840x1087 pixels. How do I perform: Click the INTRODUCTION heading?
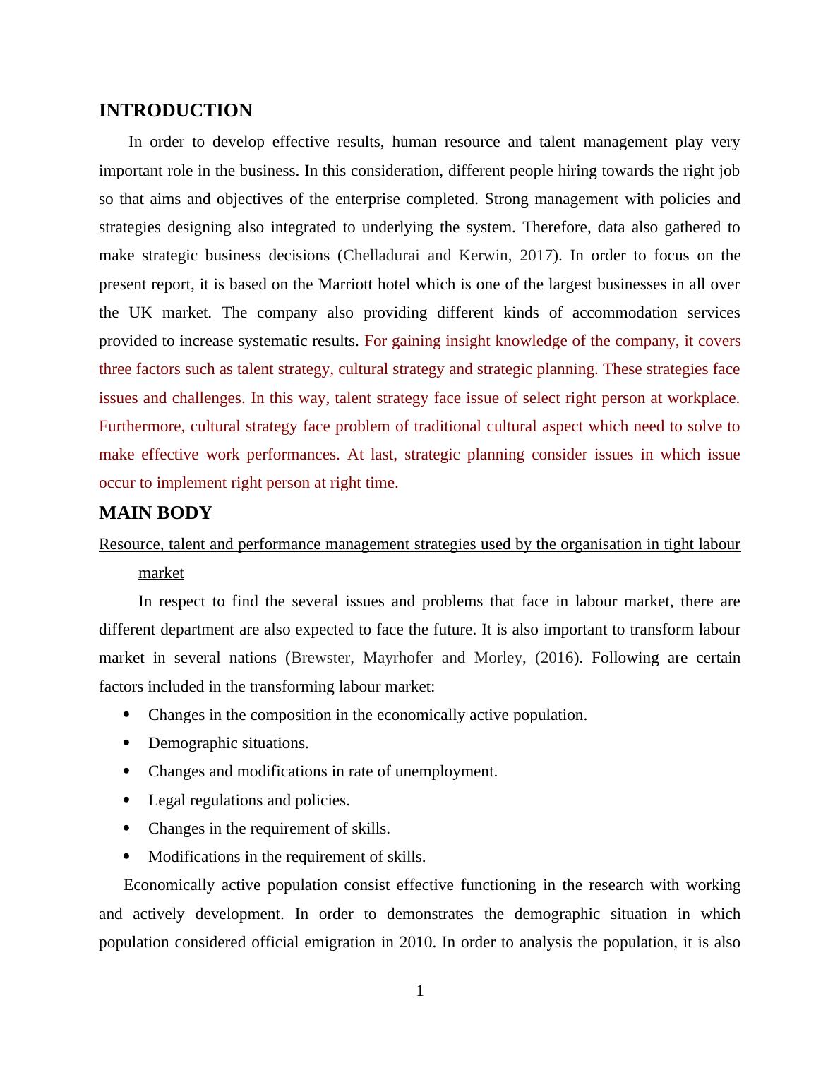click(175, 111)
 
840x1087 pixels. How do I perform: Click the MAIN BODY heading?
click(155, 513)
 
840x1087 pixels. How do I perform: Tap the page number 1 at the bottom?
click(420, 991)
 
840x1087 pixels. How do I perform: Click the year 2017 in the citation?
click(536, 256)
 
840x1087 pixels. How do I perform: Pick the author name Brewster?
click(321, 658)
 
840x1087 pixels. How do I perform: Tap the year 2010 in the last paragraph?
click(416, 942)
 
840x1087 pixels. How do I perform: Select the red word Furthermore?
click(141, 426)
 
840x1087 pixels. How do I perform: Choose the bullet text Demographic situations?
click(228, 743)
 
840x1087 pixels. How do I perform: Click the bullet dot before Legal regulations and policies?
click(127, 800)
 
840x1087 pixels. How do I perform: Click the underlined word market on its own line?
click(161, 573)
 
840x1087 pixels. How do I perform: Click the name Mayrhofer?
click(398, 658)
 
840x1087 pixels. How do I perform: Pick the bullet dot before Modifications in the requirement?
click(127, 857)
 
